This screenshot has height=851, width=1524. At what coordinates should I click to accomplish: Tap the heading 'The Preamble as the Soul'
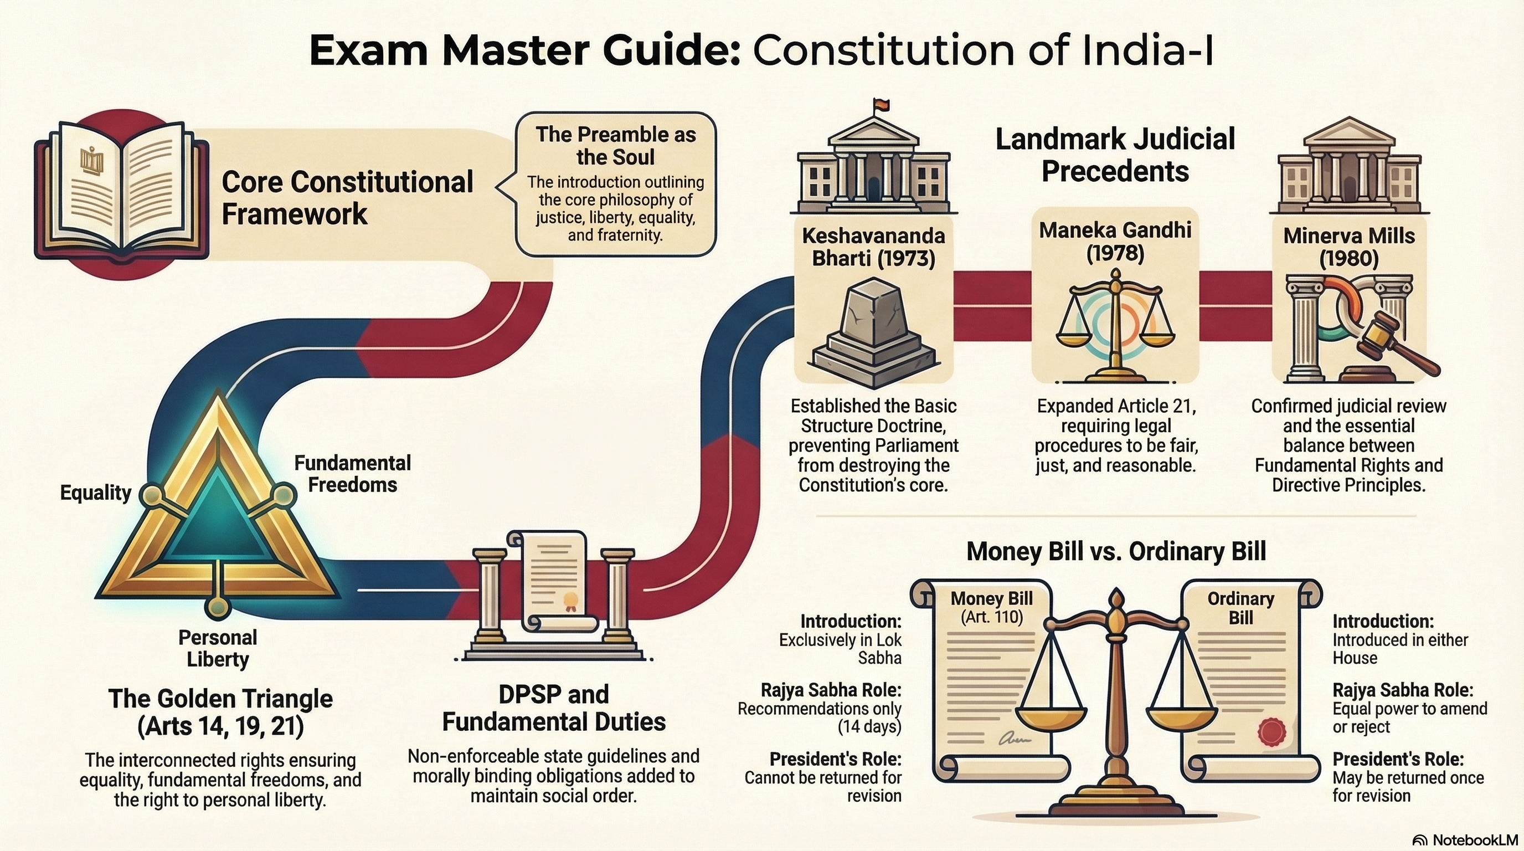[x=615, y=146]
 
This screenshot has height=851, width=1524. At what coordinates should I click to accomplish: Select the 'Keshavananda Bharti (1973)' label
[x=873, y=247]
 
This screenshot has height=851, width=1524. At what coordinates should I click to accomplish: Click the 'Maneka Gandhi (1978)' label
[x=1115, y=242]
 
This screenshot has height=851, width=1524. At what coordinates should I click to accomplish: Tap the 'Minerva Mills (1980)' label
[x=1349, y=247]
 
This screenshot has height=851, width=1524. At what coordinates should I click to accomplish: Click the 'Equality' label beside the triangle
[x=95, y=493]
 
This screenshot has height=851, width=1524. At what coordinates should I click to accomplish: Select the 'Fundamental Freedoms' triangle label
[x=353, y=474]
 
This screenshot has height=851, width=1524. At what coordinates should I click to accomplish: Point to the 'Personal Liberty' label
[x=218, y=648]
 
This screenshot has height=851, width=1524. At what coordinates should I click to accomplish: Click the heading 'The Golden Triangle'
[x=220, y=699]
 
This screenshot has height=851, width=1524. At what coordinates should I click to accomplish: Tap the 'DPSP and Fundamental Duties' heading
[x=554, y=708]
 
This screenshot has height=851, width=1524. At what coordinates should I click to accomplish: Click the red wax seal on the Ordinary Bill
[x=1271, y=731]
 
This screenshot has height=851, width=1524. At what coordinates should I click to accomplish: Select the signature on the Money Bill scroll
[x=1014, y=739]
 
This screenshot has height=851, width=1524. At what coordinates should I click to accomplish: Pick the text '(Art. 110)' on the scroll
[x=992, y=617]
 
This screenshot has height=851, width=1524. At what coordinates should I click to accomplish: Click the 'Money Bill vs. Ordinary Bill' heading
[x=1116, y=551]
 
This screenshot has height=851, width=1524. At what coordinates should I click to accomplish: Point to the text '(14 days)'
[x=869, y=727]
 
